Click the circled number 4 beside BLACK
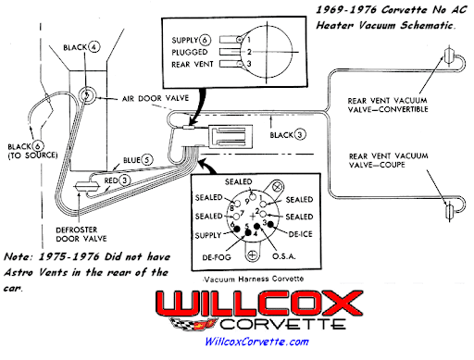pos(94,47)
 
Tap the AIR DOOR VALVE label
pos(156,98)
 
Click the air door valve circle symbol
pos(87,94)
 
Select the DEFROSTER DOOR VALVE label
pos(81,234)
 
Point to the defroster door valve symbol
pos(87,187)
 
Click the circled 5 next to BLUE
pos(147,160)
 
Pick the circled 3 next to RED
pos(125,180)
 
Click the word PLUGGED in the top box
pos(190,52)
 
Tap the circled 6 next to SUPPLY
pos(205,40)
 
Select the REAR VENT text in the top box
pos(193,64)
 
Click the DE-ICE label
pos(300,234)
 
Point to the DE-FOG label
pos(217,257)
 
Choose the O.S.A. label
pos(284,256)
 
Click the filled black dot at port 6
pos(237,229)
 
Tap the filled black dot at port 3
pos(270,224)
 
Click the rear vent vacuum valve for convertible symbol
pos(448,56)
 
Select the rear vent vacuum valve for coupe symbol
pos(450,211)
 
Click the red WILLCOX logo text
pos(259,304)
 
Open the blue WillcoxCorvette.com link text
pos(256,341)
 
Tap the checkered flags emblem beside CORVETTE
pos(192,325)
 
